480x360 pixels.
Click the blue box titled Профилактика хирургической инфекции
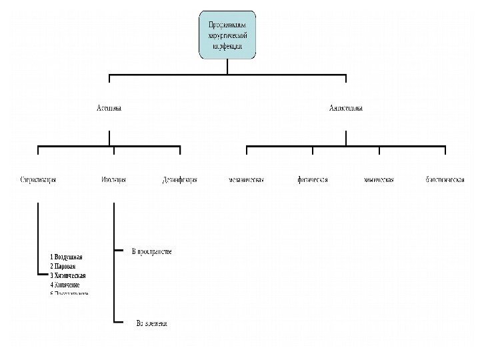coord(227,35)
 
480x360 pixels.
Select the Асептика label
coord(109,107)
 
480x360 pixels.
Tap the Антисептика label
coord(346,107)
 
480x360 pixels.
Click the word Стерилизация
coord(38,180)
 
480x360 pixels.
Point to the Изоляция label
coord(114,180)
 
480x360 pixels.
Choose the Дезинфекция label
coord(180,180)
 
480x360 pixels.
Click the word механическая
coord(246,180)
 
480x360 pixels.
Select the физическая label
coord(313,180)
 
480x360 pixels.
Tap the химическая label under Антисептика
coord(379,180)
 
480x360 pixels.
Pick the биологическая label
coord(445,180)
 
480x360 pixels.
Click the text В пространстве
coord(152,251)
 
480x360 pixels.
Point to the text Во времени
coord(151,323)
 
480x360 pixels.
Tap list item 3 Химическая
coord(68,275)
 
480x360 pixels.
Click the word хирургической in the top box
coord(227,35)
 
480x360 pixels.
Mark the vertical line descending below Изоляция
coord(115,267)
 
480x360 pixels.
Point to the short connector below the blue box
coord(227,66)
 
